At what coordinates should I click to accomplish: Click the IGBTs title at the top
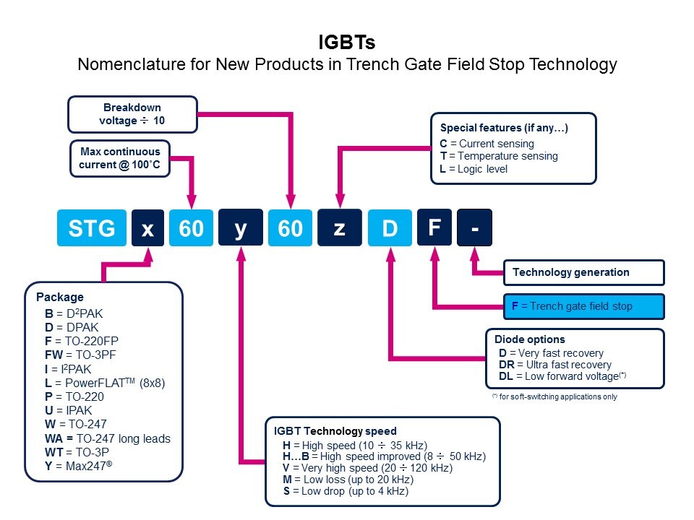(347, 40)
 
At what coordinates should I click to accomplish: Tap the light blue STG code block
(91, 228)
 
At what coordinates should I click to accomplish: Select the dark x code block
(147, 228)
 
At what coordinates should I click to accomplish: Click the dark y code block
(240, 228)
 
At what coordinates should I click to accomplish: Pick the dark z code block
(338, 228)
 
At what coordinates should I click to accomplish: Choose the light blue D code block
(390, 228)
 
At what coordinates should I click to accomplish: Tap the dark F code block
(434, 228)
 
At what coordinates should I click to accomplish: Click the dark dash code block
(475, 228)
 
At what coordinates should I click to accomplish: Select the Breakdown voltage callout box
(132, 114)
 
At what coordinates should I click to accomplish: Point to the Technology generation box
(583, 272)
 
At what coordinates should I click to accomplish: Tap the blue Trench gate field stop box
(583, 306)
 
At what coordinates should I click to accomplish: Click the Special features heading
(504, 129)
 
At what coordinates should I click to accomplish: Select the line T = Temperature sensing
(499, 156)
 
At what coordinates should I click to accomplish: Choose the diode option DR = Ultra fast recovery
(555, 365)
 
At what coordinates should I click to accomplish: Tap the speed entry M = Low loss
(348, 480)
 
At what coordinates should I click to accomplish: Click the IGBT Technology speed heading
(334, 431)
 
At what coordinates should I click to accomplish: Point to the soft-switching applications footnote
(554, 396)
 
